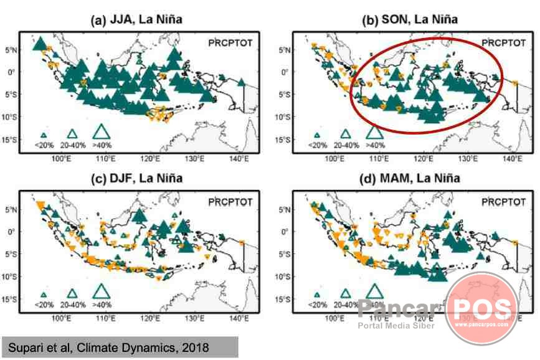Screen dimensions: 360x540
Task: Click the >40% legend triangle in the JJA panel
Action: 102,131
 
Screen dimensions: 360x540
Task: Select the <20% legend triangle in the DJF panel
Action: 44,295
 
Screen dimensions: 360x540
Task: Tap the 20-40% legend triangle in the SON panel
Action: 346,133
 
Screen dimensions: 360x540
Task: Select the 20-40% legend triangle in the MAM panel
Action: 346,293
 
